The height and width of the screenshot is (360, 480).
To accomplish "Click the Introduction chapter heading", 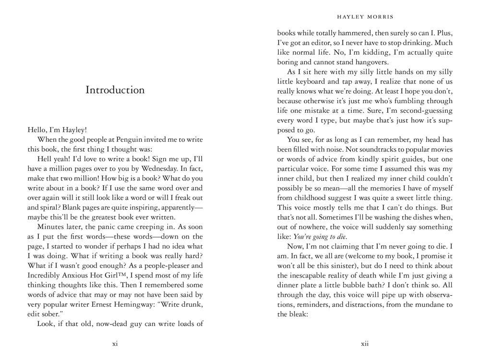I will click(x=115, y=90).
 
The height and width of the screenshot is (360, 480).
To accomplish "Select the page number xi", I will click(x=115, y=343).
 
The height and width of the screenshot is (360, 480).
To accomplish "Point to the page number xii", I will click(x=365, y=343).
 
